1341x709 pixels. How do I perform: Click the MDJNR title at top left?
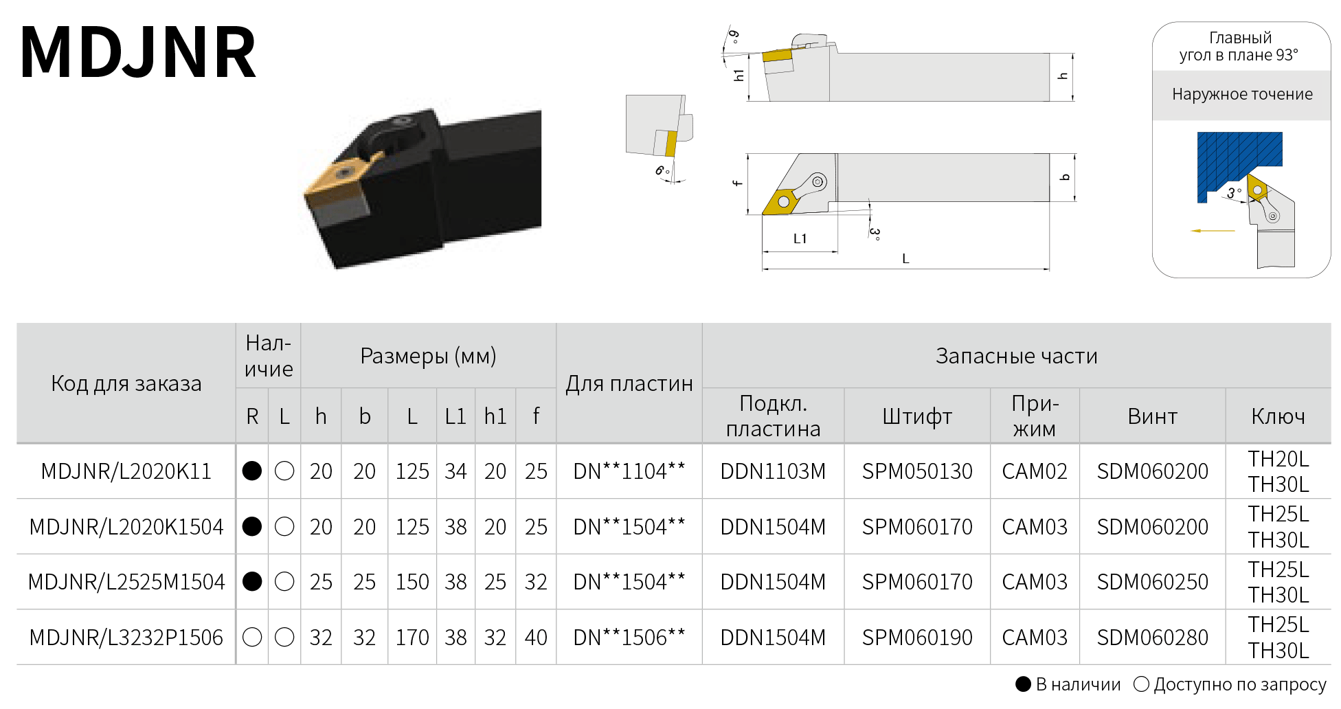[138, 53]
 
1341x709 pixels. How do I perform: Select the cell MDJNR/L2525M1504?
[126, 582]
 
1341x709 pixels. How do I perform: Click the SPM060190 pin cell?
[917, 638]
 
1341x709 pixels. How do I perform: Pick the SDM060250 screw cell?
[1152, 582]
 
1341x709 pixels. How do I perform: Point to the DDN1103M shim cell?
[773, 471]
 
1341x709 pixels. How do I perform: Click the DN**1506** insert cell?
[629, 638]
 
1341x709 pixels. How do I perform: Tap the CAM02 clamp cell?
[1035, 471]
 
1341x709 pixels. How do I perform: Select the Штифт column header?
[917, 416]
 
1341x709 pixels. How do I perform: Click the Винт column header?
[1152, 416]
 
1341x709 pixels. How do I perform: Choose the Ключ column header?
[1278, 416]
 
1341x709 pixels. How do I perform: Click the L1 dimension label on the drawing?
[800, 238]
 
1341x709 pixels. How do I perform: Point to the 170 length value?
[412, 638]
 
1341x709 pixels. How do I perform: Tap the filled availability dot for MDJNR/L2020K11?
[252, 471]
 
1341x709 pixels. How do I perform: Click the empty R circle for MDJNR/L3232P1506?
[252, 637]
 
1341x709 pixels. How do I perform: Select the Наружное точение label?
[1242, 94]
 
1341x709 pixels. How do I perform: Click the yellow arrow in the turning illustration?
[1213, 231]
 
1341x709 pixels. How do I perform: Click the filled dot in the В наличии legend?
[1024, 684]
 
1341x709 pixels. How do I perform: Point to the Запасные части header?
[1016, 356]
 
